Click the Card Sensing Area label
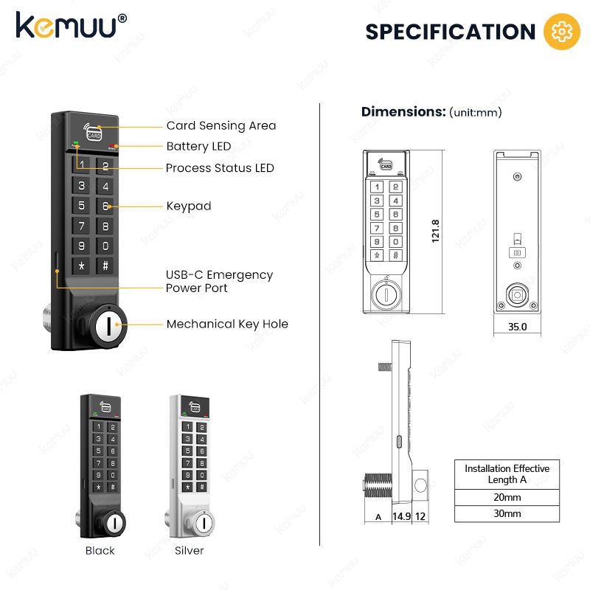point(221,125)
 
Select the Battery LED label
point(198,146)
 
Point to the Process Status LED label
point(220,167)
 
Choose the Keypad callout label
point(188,206)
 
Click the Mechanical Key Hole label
point(227,324)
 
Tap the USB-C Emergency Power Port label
point(219,281)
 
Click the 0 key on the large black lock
point(105,246)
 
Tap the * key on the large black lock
point(82,265)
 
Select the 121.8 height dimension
point(435,231)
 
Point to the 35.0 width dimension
point(518,327)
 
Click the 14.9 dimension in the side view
point(400,516)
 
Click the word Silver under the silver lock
point(189,550)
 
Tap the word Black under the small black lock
point(100,550)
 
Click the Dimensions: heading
point(403,112)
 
